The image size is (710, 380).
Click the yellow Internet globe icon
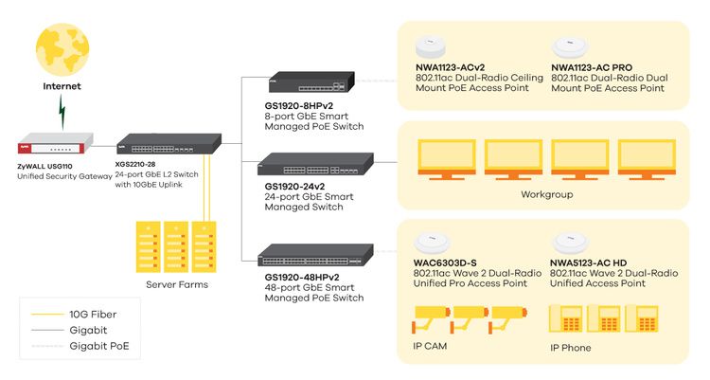pyautogui.click(x=62, y=49)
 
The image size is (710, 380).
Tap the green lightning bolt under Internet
pyautogui.click(x=62, y=112)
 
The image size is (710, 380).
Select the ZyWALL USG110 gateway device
pyautogui.click(x=55, y=143)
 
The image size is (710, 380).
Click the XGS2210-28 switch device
pyautogui.click(x=169, y=144)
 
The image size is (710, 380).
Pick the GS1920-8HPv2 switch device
pyautogui.click(x=311, y=82)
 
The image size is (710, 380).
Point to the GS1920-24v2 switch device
pyautogui.click(x=315, y=164)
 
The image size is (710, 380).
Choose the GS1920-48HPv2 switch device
pyautogui.click(x=315, y=255)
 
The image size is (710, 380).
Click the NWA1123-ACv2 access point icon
pyautogui.click(x=431, y=46)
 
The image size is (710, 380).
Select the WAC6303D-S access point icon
pyautogui.click(x=432, y=243)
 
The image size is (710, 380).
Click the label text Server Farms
pyautogui.click(x=177, y=285)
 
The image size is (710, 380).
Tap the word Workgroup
pyautogui.click(x=547, y=194)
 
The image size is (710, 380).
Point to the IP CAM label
pyautogui.click(x=430, y=346)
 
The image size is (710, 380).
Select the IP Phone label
pyautogui.click(x=571, y=348)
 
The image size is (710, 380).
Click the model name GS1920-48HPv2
pyautogui.click(x=302, y=277)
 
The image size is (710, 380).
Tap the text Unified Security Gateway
pyautogui.click(x=64, y=176)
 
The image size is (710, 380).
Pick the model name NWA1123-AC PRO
pyautogui.click(x=592, y=67)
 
